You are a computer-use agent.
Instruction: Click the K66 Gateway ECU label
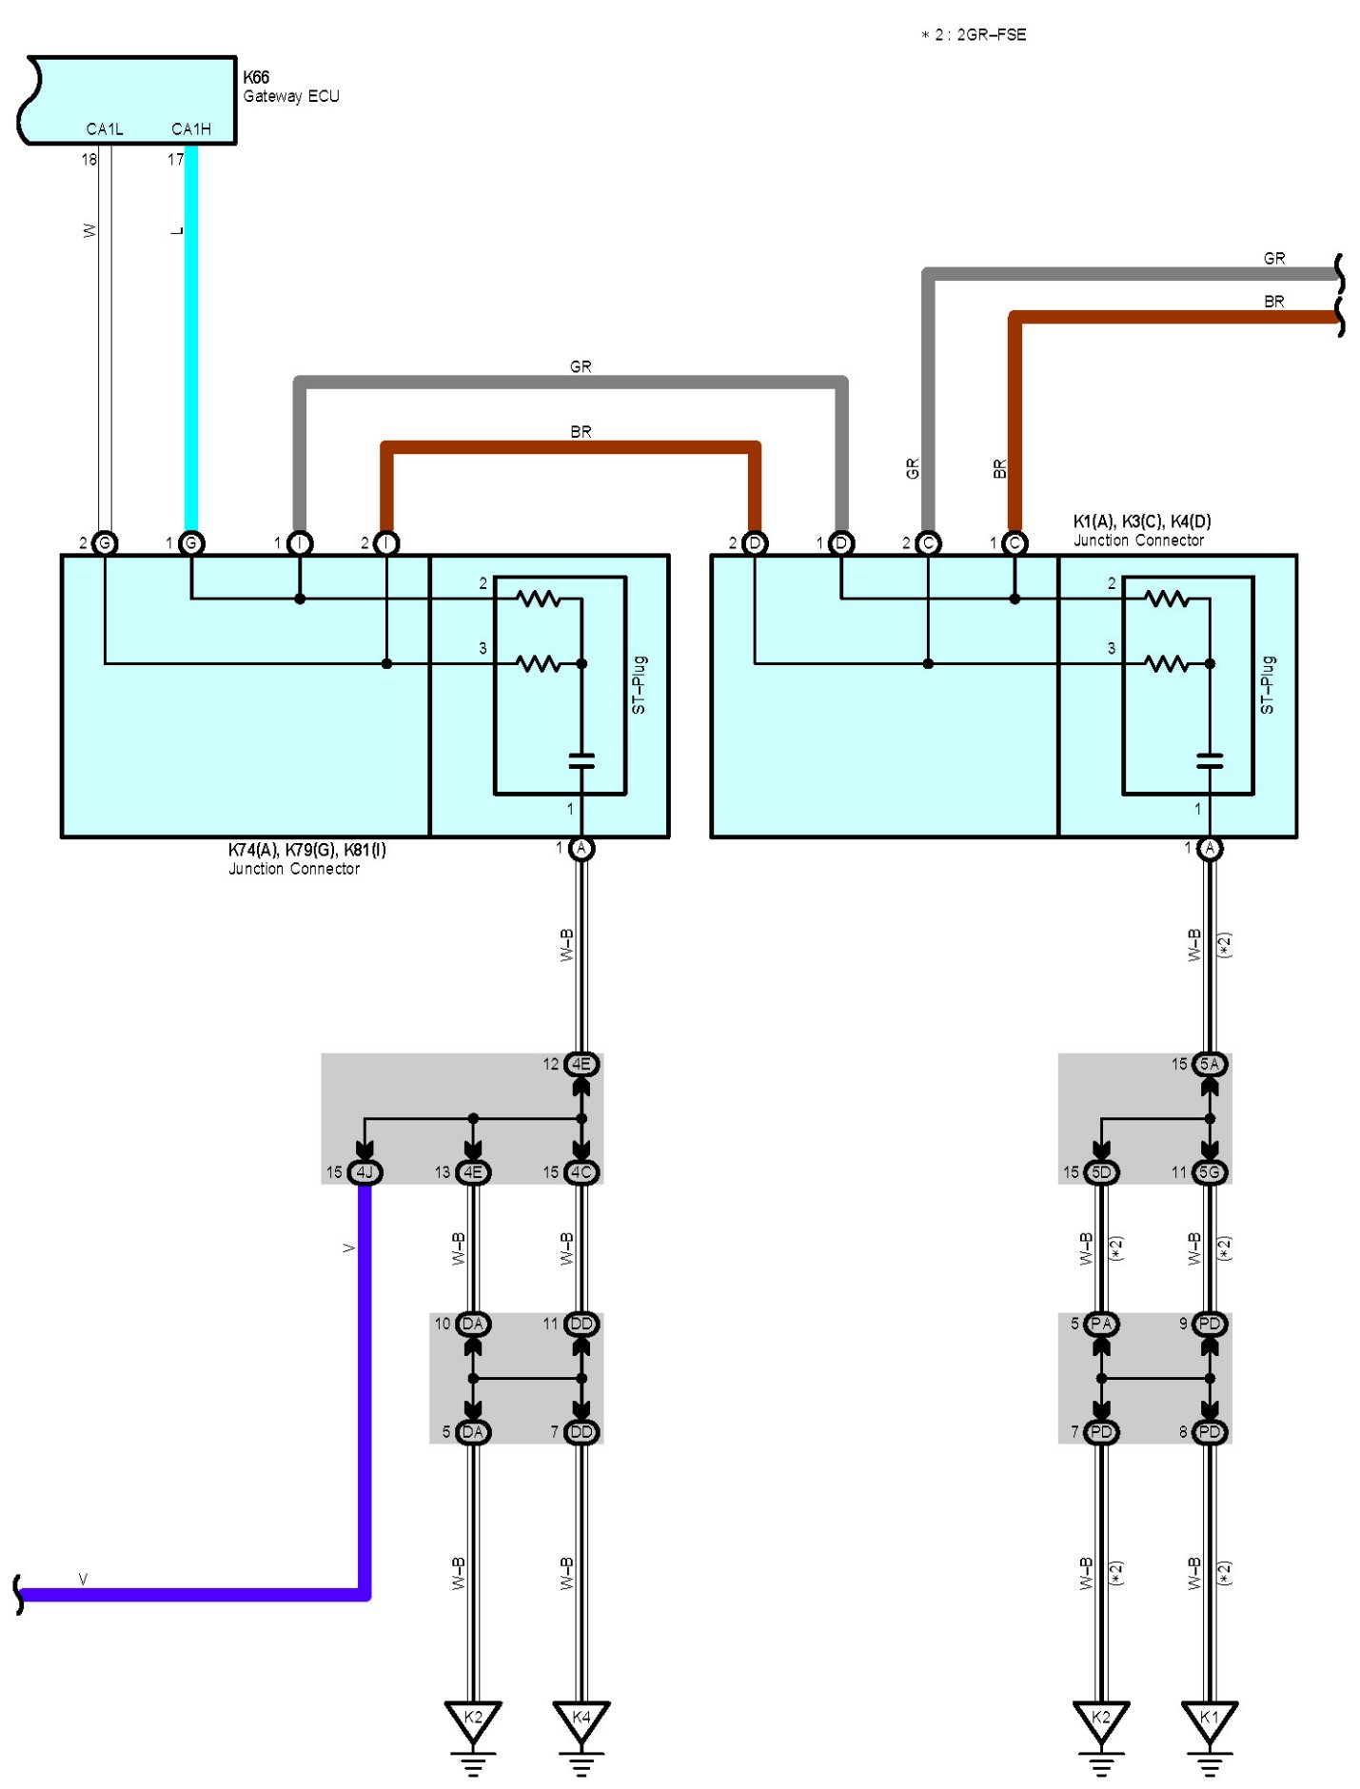(x=290, y=87)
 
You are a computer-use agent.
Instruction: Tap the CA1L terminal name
(x=105, y=129)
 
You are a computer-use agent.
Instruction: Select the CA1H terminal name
(x=190, y=129)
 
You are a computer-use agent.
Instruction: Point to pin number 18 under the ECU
(x=89, y=160)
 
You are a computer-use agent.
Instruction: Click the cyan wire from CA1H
(x=191, y=333)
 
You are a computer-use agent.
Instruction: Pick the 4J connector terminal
(x=365, y=1172)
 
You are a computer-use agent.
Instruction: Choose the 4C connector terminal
(x=581, y=1172)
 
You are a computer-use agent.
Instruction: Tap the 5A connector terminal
(x=1209, y=1064)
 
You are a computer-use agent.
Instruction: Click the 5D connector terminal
(x=1101, y=1172)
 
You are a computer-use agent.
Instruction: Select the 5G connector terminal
(x=1209, y=1172)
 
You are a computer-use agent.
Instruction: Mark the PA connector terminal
(x=1101, y=1324)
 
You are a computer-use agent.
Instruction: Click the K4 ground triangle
(x=581, y=1719)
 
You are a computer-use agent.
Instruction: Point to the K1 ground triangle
(x=1209, y=1719)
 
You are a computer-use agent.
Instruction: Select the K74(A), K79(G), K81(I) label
(x=306, y=850)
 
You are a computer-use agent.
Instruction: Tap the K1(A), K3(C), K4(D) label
(x=1141, y=521)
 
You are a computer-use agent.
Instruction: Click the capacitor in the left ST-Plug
(x=581, y=760)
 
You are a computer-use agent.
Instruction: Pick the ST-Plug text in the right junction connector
(x=1267, y=684)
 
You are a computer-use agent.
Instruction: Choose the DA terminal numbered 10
(x=472, y=1324)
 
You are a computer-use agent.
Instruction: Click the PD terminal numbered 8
(x=1209, y=1432)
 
